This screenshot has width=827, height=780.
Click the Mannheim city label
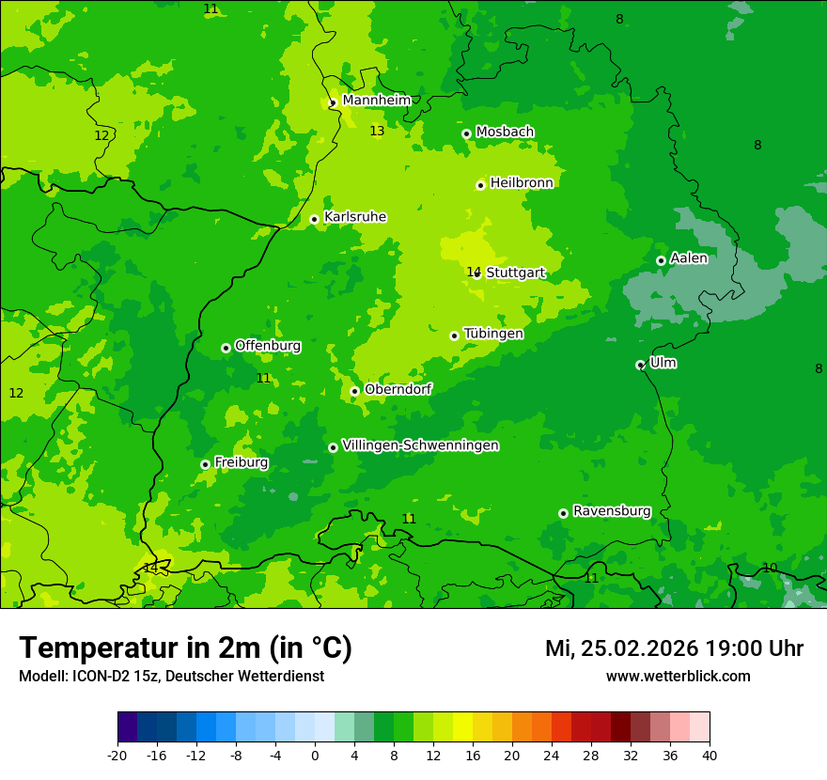pos(376,100)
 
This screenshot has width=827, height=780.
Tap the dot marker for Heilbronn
pos(480,185)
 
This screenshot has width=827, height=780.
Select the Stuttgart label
pos(515,273)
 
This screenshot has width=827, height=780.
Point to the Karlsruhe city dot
pos(314,219)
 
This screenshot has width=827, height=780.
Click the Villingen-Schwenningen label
pos(420,445)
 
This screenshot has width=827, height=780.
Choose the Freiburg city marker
pos(205,464)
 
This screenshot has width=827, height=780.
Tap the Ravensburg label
pos(611,511)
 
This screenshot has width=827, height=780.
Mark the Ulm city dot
pos(640,365)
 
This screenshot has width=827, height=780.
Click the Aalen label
pos(688,258)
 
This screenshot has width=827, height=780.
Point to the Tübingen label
pos(493,334)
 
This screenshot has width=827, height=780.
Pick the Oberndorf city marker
pos(354,391)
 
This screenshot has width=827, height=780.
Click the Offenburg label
pos(267,346)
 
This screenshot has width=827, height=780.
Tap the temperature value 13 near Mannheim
pos(377,131)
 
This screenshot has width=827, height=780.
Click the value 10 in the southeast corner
pos(770,568)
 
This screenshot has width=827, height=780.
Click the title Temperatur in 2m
pos(185,647)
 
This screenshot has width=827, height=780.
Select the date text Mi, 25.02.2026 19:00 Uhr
pos(674,648)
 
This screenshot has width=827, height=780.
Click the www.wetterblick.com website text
pos(678,676)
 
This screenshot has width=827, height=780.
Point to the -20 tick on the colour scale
pos(117,756)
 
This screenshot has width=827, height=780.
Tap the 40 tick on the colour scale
pos(710,756)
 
